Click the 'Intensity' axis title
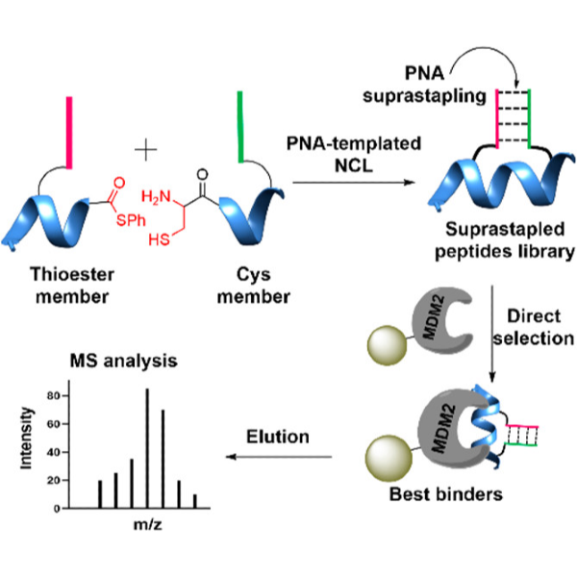30,439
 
